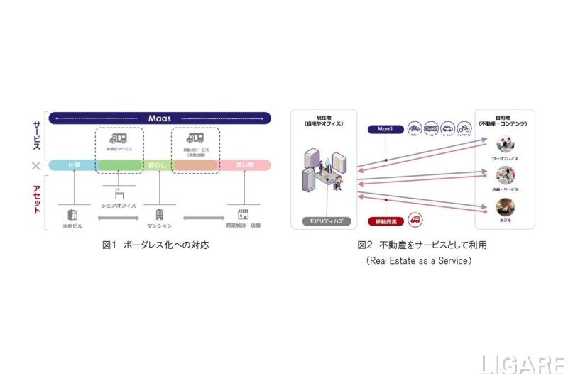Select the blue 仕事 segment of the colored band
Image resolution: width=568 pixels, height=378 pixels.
[74, 165]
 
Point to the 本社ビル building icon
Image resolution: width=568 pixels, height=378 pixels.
[72, 213]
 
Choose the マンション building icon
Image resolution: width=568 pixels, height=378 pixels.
[160, 213]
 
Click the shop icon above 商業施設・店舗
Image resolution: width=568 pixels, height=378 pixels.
[244, 213]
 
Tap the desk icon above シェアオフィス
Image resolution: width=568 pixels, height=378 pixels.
[115, 192]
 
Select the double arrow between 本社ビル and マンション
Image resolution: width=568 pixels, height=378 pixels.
[116, 216]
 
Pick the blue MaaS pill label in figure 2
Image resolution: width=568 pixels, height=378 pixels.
[384, 129]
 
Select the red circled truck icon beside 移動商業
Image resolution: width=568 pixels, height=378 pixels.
[415, 220]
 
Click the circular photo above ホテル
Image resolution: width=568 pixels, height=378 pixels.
[505, 206]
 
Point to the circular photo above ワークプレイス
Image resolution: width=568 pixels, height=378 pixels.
[505, 145]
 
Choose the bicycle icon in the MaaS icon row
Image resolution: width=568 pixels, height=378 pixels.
[464, 129]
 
